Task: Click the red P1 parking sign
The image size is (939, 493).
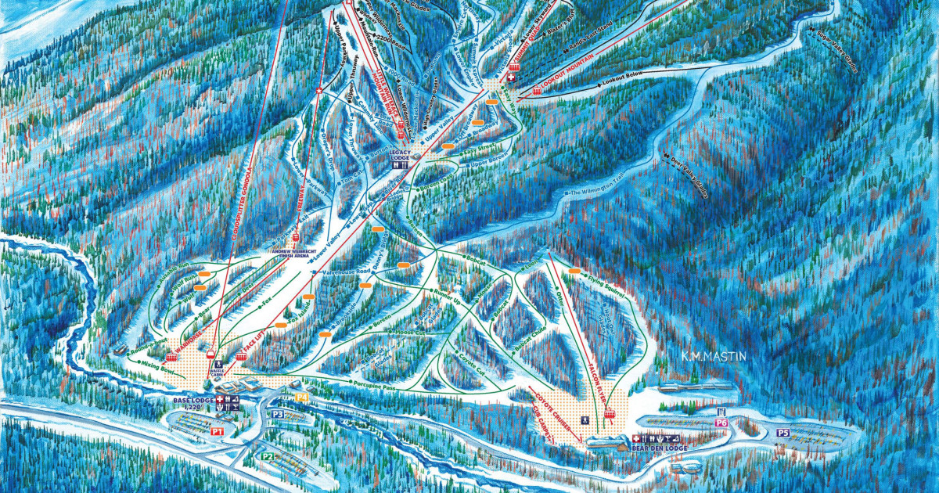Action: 218,431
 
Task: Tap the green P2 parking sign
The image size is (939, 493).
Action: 267,455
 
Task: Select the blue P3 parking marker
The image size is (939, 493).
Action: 278,414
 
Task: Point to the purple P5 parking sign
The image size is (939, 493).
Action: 783,432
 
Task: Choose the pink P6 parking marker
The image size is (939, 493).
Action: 721,423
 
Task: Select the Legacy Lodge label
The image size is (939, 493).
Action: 400,155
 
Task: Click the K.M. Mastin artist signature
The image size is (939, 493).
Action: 713,357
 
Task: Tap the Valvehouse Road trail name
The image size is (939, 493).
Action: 347,275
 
